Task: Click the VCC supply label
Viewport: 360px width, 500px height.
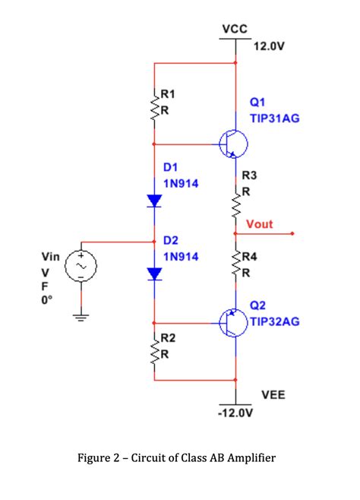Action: point(235,29)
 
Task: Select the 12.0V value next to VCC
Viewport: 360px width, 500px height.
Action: point(269,46)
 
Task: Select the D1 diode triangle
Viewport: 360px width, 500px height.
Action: point(155,201)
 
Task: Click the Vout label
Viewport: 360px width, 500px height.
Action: point(259,224)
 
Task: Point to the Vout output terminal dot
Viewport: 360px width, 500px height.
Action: point(292,234)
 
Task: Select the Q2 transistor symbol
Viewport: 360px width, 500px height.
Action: point(231,321)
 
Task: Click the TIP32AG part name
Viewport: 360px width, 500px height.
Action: point(274,321)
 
